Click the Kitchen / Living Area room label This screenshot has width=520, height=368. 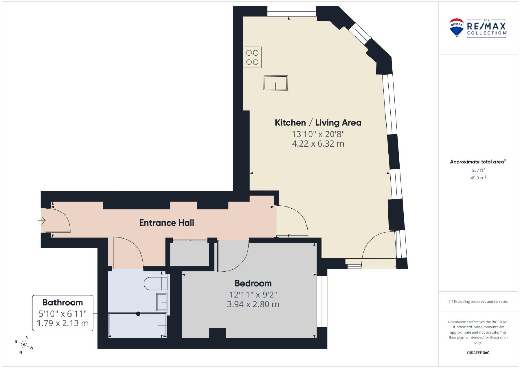[318, 123]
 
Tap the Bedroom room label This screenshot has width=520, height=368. [253, 283]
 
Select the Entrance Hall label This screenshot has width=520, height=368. [167, 223]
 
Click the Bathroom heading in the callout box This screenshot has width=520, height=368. [63, 303]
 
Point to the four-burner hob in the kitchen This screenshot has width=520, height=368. [252, 57]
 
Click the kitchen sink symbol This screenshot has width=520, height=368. [275, 83]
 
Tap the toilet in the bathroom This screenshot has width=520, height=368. [155, 283]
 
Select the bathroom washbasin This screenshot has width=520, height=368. [161, 302]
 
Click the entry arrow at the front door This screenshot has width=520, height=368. [42, 220]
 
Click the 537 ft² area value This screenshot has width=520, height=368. [478, 170]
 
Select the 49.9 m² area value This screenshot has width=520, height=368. [478, 178]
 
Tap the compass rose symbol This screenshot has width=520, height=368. [24, 345]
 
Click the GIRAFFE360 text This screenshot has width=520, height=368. [478, 353]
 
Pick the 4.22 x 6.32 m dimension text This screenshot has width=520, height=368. [318, 144]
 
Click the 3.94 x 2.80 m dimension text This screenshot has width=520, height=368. [253, 304]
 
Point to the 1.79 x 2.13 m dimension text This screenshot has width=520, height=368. [63, 323]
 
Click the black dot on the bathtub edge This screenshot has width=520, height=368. [138, 314]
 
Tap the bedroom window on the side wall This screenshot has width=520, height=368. [322, 301]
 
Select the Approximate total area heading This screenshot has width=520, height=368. [478, 162]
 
